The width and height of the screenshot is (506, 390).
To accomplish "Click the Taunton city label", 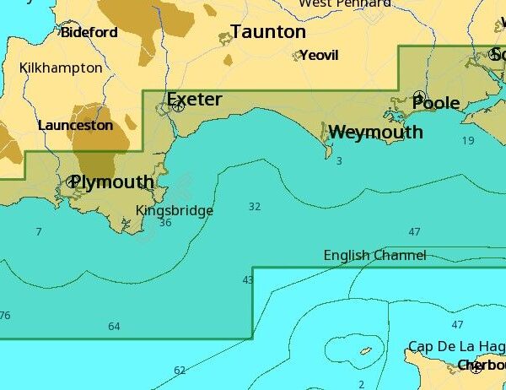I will [x=268, y=32].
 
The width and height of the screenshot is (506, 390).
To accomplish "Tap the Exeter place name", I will [x=195, y=100].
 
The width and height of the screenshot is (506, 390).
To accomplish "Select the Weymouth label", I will [x=376, y=133].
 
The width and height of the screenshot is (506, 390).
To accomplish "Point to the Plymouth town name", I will [x=113, y=182].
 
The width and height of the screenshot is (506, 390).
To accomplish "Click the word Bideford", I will [x=89, y=33].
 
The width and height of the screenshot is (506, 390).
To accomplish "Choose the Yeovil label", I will [x=319, y=56].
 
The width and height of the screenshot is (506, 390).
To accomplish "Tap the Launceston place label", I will [x=75, y=125].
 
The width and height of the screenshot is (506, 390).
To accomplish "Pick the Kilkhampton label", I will [x=61, y=68].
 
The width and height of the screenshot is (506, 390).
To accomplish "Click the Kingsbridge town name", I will [x=175, y=210].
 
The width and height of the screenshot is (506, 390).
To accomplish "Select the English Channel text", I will [x=375, y=255].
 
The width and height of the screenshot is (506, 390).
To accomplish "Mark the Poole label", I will [x=436, y=103].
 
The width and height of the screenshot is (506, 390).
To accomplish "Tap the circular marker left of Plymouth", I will [x=72, y=181].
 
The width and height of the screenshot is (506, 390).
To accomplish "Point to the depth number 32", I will [x=255, y=206].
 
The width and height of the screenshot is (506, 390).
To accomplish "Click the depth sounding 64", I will [x=114, y=327].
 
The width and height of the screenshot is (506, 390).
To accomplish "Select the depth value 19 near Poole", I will [x=468, y=140].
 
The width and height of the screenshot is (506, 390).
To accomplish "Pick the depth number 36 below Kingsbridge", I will [x=165, y=223].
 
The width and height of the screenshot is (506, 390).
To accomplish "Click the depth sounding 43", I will [x=248, y=280].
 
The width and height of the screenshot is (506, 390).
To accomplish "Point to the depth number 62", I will [x=180, y=370].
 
